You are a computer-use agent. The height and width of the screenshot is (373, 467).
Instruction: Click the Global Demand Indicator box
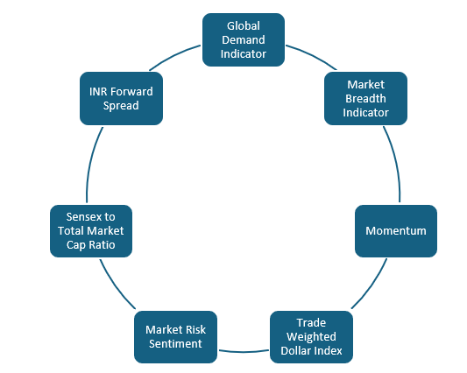[x=244, y=39]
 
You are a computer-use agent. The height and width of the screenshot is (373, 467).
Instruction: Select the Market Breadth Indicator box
[x=365, y=98]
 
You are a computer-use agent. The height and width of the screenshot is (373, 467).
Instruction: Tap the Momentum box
[x=395, y=230]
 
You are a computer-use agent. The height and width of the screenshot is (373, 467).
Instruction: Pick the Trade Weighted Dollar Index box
[x=311, y=336]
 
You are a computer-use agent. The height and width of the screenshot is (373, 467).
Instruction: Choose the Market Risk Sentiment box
[x=175, y=336]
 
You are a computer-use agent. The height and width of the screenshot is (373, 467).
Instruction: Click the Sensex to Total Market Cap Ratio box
[x=89, y=230]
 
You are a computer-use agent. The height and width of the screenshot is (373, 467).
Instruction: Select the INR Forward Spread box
[x=121, y=98]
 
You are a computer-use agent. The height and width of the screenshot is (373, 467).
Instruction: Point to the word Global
[x=244, y=26]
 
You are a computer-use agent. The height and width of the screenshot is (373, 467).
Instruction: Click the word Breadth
[x=365, y=98]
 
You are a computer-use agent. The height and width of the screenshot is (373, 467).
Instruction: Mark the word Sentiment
[x=175, y=343]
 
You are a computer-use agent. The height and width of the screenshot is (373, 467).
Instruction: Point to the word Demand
[x=244, y=39]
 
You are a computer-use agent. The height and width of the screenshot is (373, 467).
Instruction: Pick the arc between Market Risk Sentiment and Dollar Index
[x=243, y=351]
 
